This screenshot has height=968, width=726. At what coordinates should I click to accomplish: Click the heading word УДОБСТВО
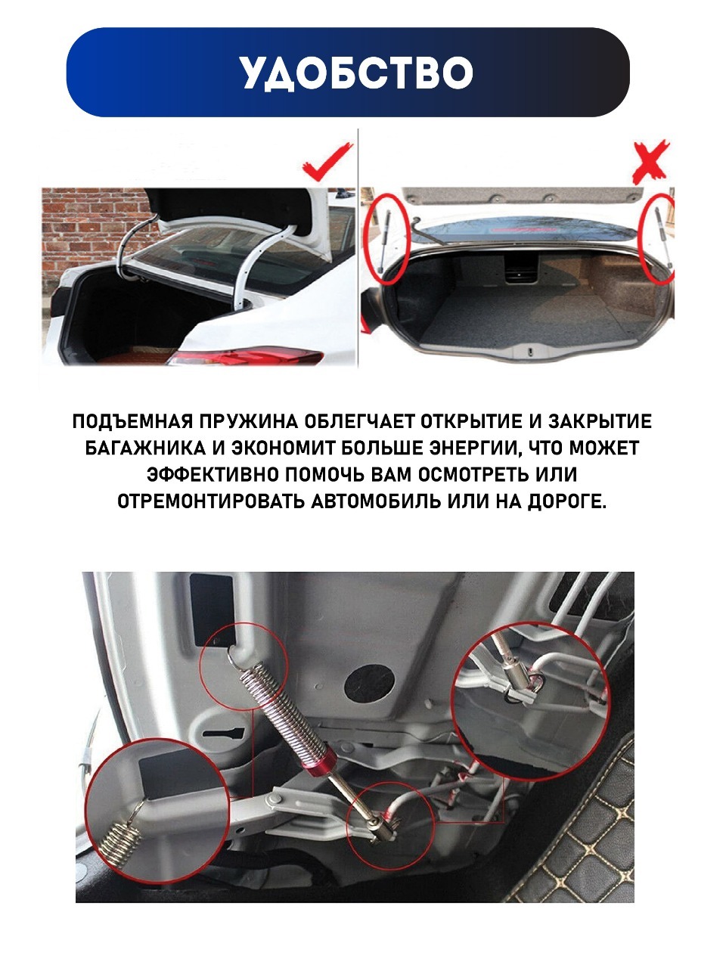pos(356,73)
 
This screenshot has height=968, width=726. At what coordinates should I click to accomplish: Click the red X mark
pos(651,162)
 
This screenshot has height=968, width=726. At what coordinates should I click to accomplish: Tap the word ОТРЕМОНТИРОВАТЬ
pos(211,501)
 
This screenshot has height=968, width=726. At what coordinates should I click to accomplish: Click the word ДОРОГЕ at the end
pos(567,502)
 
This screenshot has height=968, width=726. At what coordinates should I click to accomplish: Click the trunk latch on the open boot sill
pos(531,352)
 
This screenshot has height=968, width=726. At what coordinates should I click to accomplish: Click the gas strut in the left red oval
pos(383,240)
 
